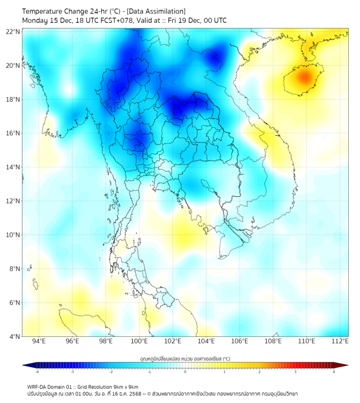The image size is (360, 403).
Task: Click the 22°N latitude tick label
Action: tap(13, 32)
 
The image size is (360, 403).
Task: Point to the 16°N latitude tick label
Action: tap(13, 133)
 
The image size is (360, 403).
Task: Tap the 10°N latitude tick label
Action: tap(13, 235)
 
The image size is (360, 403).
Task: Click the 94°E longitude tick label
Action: tap(39, 342)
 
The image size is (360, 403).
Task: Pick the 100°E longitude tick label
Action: tap(140, 342)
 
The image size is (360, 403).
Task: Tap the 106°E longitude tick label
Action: tap(240, 342)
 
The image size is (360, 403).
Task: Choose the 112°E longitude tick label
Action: tap(341, 342)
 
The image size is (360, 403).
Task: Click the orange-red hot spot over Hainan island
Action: tap(304, 77)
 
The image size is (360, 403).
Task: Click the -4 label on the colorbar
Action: tap(36, 372)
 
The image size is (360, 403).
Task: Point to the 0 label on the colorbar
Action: tap(185, 372)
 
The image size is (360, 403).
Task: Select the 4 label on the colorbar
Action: tap(334, 372)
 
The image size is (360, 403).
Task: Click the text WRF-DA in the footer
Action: tap(38, 386)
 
